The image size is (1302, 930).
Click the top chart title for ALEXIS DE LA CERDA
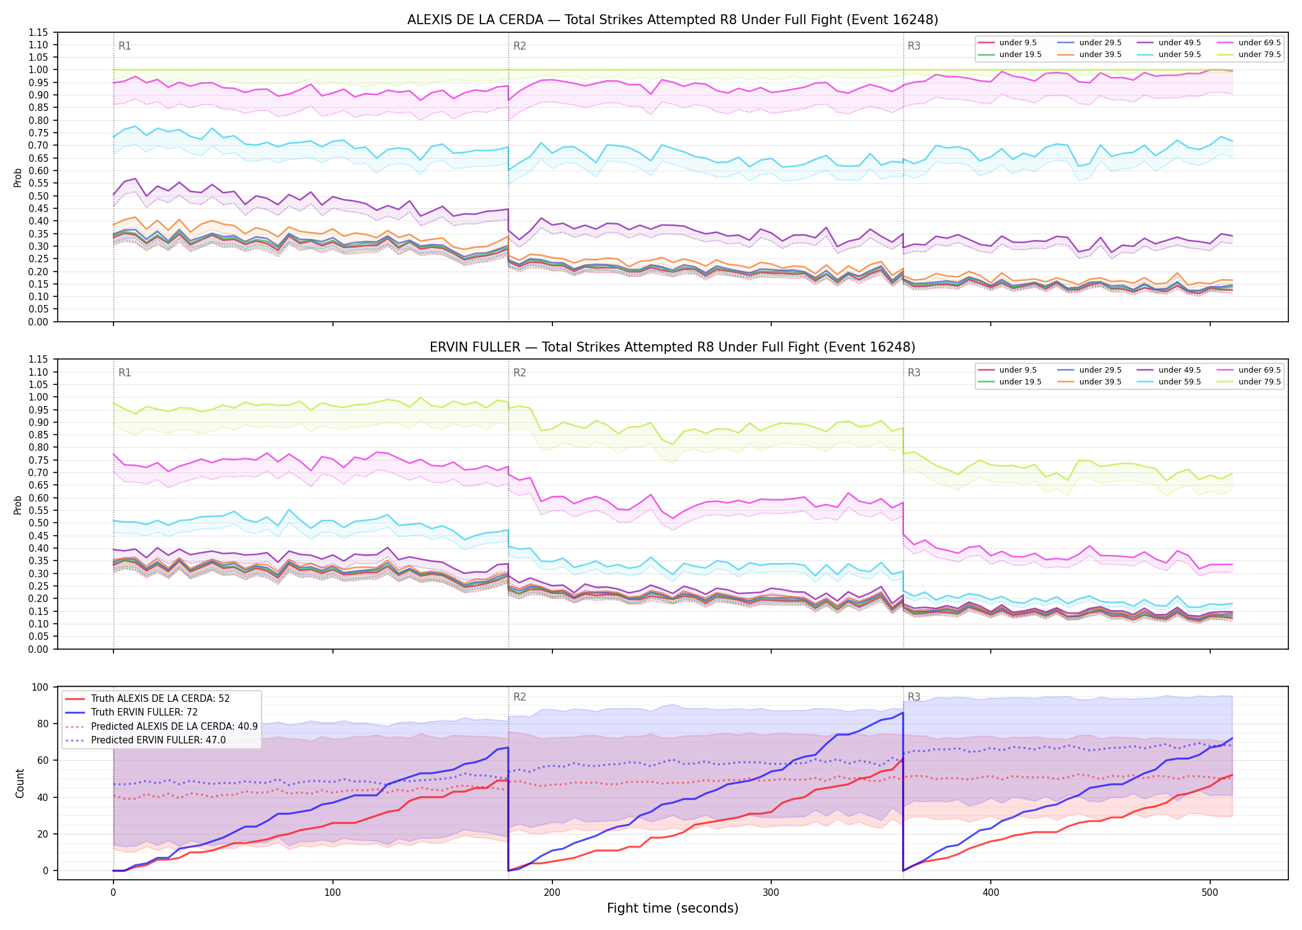673,20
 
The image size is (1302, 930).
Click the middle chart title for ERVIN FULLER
673,347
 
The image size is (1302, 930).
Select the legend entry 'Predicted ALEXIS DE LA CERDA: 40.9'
162,726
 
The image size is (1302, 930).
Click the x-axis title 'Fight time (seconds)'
673,908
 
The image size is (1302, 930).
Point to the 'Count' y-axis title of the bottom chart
20,783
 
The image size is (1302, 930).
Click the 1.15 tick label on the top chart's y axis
38,32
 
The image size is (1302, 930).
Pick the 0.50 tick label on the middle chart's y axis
38,523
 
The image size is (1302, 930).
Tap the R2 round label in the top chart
520,46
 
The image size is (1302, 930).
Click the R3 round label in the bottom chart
914,697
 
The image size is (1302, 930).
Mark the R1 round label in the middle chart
125,373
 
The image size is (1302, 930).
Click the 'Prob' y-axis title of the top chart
18,177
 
